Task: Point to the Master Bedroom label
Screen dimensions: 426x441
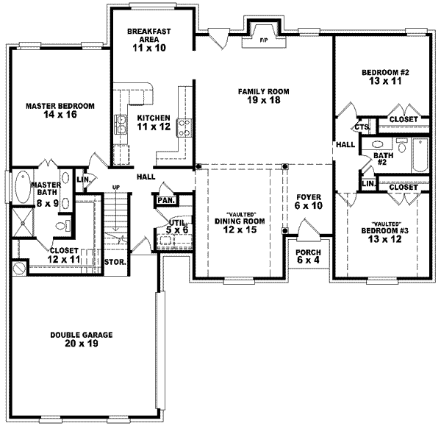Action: tap(60, 110)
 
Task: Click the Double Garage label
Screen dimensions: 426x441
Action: tap(82, 339)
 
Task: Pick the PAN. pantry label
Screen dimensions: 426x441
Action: tap(164, 199)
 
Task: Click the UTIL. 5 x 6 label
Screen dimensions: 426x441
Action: tap(176, 226)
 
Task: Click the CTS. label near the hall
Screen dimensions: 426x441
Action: tap(361, 127)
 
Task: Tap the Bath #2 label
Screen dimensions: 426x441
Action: tap(381, 160)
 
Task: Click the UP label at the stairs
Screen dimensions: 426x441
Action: tap(115, 187)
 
